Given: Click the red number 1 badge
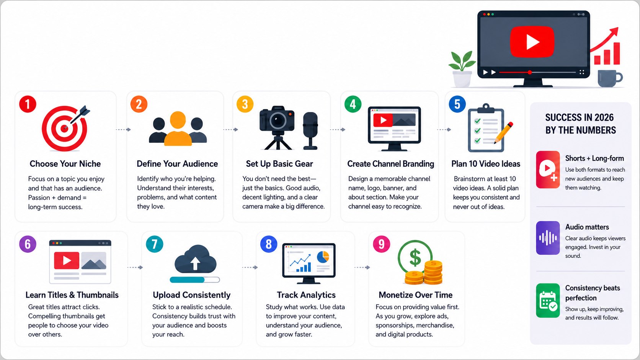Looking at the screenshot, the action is tap(28, 104).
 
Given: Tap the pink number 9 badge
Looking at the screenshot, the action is tap(381, 244).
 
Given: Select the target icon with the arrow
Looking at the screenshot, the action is tap(65, 128).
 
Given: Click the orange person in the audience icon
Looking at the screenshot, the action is tap(178, 129).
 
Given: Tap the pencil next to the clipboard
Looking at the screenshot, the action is tap(503, 133).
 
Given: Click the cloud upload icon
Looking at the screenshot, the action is tap(196, 259).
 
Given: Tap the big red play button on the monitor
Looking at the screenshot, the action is tap(532, 42).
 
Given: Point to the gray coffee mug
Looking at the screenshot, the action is tap(610, 78).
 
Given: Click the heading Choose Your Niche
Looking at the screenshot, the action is tap(65, 164).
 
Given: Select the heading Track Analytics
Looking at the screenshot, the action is tap(306, 295).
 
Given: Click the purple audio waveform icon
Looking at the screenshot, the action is tap(548, 238).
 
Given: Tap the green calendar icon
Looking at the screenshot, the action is tap(548, 301).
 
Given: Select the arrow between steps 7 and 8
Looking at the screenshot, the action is tap(250, 267).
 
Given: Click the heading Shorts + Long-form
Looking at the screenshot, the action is tap(594, 158).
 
